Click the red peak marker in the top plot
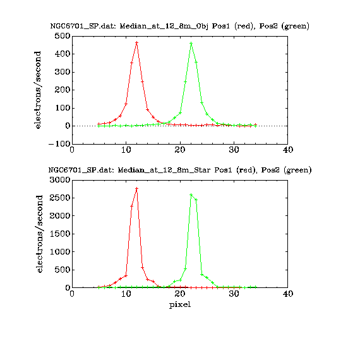[137, 43]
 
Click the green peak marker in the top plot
[191, 43]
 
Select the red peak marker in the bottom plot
[137, 188]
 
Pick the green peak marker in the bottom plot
[191, 195]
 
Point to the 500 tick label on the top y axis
[63, 36]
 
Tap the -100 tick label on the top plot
[59, 144]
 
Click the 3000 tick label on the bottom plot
[60, 180]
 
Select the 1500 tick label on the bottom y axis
[60, 234]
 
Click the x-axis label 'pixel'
[180, 305]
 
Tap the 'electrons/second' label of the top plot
[37, 90]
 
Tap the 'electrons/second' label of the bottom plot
[40, 234]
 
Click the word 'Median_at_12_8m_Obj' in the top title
[164, 26]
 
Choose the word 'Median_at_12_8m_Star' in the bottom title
[164, 170]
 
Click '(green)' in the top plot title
[297, 26]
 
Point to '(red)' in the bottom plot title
[246, 170]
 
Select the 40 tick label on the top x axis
[288, 150]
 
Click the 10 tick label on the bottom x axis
[126, 294]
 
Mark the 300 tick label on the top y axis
[63, 72]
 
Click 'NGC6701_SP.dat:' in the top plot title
[83, 26]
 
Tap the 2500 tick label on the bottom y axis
[60, 198]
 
